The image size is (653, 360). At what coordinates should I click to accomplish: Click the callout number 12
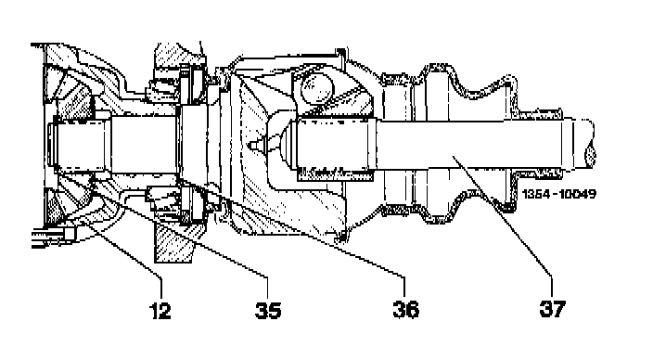pos(160,310)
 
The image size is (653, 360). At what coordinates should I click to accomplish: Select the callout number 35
pos(268,310)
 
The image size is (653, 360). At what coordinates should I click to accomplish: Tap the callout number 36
pos(405,309)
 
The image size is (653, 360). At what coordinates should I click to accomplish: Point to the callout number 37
pos(553,309)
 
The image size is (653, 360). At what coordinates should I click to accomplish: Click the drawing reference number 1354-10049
pos(558,194)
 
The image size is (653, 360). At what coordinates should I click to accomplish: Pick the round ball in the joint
pos(317,88)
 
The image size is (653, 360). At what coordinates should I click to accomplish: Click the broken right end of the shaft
pos(590,143)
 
